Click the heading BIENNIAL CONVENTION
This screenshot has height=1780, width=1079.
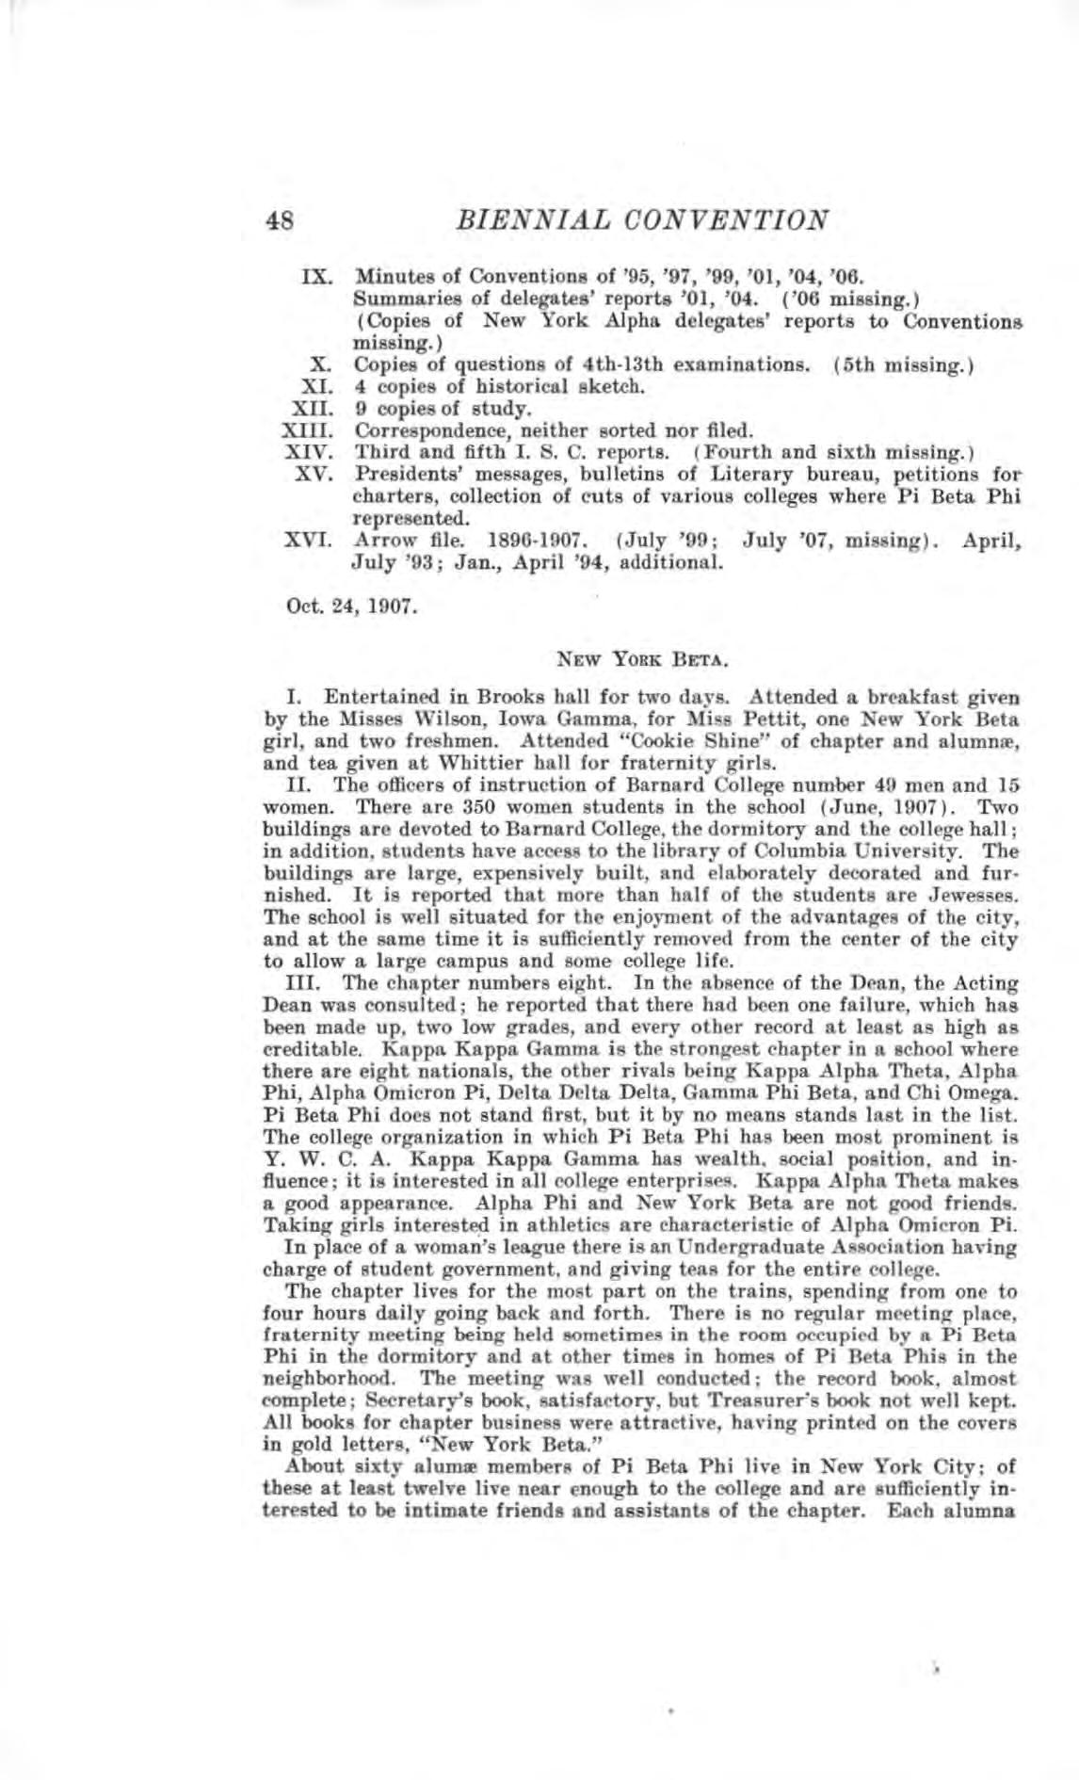(641, 220)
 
